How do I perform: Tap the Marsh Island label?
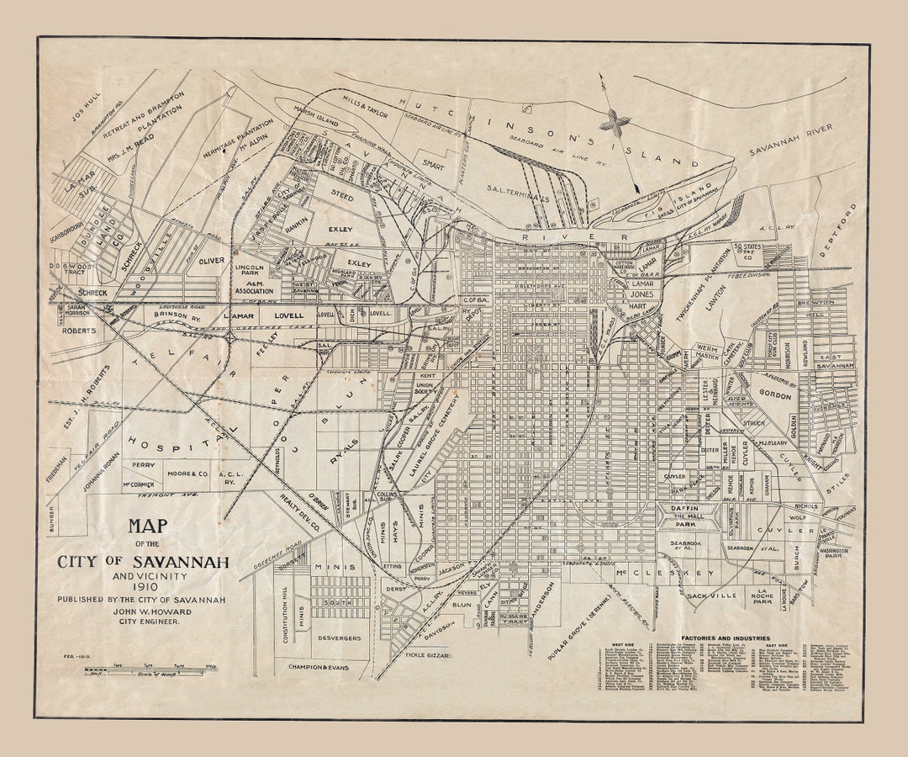(x=316, y=109)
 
